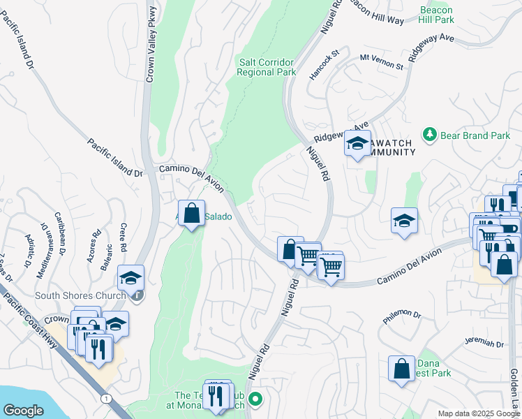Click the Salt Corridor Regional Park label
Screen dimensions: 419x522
click(x=267, y=67)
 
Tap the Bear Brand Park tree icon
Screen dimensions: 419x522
click(x=431, y=134)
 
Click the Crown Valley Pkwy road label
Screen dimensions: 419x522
click(x=150, y=42)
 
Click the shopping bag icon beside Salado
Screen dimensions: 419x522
click(x=191, y=213)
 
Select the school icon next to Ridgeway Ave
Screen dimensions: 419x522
click(x=357, y=145)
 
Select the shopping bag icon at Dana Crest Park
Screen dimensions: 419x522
click(x=401, y=369)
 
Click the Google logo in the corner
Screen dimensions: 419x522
click(x=23, y=411)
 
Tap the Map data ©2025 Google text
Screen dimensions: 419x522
click(x=479, y=413)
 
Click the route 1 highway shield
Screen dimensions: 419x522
click(x=105, y=397)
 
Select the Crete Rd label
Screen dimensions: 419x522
click(x=122, y=237)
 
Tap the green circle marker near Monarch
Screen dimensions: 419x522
click(x=255, y=400)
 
